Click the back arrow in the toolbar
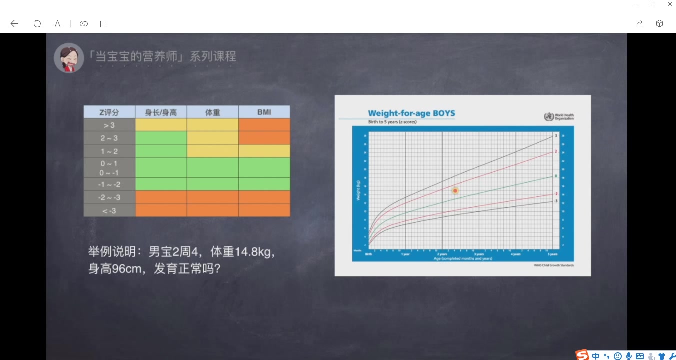(x=14, y=24)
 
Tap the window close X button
(x=670, y=4)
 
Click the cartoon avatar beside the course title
(x=69, y=58)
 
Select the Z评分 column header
(x=109, y=112)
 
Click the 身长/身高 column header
(x=161, y=112)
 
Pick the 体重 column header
(x=213, y=112)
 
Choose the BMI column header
(x=264, y=112)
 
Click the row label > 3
(x=109, y=125)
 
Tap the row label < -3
(x=109, y=210)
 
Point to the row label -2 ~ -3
(x=109, y=197)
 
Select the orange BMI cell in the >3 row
(x=264, y=125)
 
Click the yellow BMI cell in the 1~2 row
(x=264, y=151)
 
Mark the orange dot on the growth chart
(x=455, y=191)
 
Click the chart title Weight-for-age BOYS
(x=411, y=113)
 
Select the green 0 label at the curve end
(x=556, y=176)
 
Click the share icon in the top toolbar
(x=639, y=24)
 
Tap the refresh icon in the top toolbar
(x=37, y=24)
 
